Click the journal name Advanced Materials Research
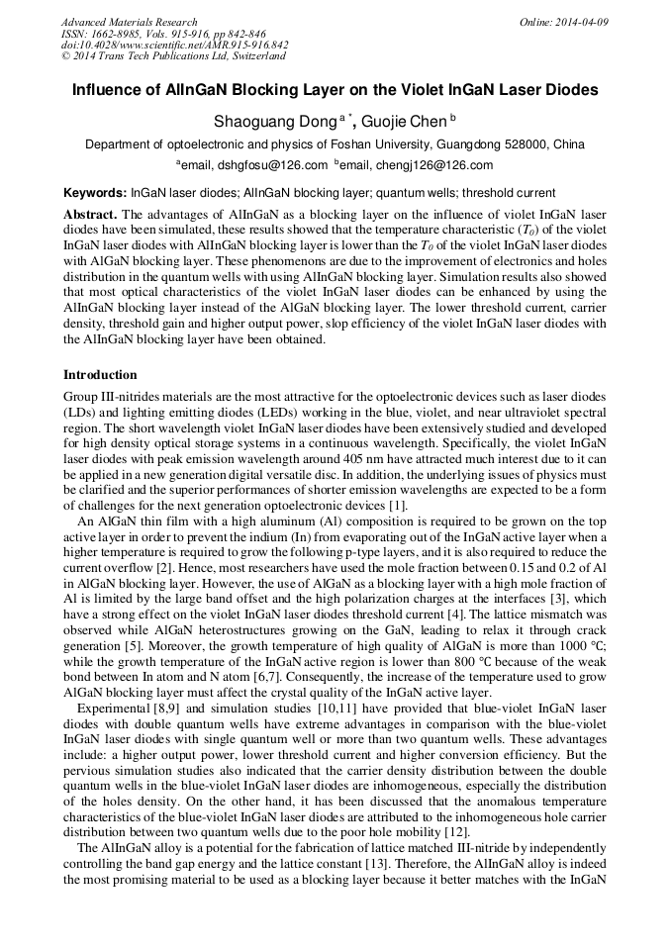point(129,22)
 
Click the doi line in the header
point(174,46)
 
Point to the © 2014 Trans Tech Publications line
point(173,57)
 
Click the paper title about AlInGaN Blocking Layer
point(335,90)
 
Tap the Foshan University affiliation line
point(335,144)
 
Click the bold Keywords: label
point(95,193)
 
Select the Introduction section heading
point(100,375)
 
